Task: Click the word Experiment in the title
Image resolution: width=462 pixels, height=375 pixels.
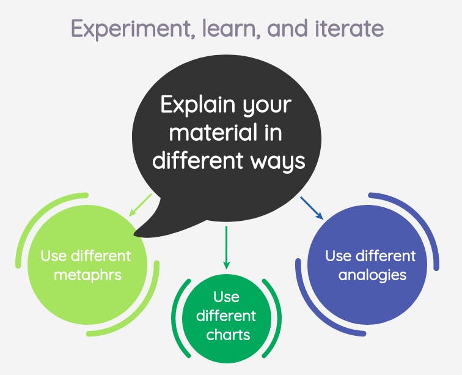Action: coord(133,29)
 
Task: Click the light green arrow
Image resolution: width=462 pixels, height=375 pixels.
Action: coord(141,205)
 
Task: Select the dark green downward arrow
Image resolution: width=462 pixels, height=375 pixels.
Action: coord(226,248)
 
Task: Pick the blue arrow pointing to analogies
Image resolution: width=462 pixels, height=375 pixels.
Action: coord(312,208)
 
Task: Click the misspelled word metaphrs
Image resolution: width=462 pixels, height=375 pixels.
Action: coord(88,275)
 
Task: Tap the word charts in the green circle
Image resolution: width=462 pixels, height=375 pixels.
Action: coord(228,335)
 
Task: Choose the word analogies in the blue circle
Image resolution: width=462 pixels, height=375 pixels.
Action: coord(372,275)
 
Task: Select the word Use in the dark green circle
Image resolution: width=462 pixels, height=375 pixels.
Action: coord(226,297)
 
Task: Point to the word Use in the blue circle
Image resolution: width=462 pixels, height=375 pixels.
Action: coord(338,256)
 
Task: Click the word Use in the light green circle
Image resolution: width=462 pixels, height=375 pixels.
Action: coord(53,256)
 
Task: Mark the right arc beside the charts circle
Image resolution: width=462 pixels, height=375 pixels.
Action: coord(277,318)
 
